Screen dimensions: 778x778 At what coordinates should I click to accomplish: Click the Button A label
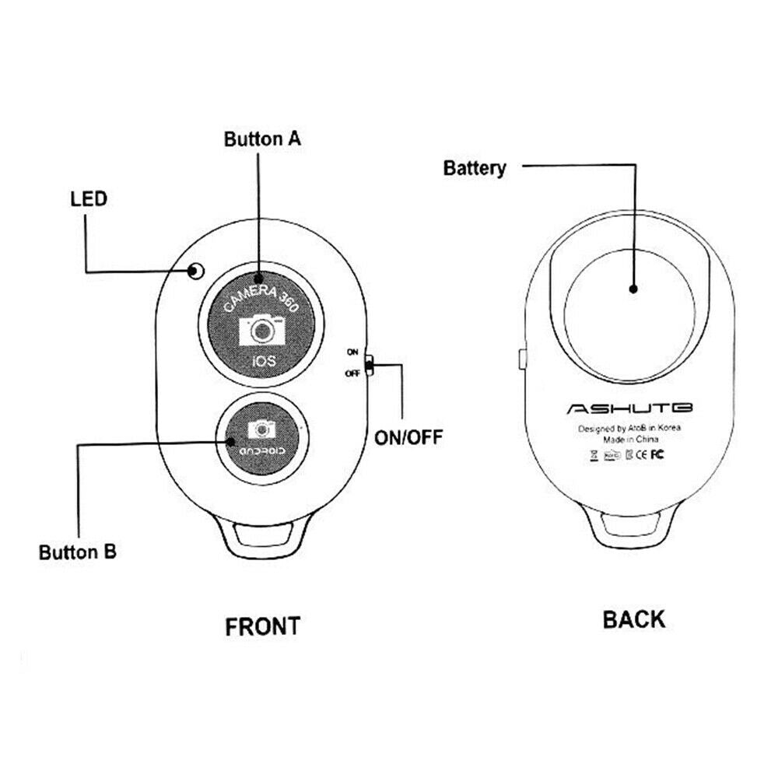click(x=262, y=140)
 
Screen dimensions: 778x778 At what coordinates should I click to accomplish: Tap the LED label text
click(x=88, y=198)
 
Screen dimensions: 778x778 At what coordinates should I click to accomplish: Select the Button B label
click(x=78, y=552)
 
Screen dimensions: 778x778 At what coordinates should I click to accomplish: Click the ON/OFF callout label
click(x=408, y=436)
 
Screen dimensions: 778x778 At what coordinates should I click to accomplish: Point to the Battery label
click(x=475, y=167)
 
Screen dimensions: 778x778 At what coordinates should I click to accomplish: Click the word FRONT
click(x=262, y=626)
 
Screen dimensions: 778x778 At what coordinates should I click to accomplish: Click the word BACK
click(x=634, y=619)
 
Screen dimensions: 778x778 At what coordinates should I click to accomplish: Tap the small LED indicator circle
click(x=195, y=271)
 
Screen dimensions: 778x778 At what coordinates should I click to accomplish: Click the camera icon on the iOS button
click(x=262, y=329)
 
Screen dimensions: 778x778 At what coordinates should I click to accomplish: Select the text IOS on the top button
click(x=262, y=362)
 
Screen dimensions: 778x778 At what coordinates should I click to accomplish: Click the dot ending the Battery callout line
click(x=633, y=289)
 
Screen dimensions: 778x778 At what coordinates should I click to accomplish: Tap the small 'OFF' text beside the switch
click(x=352, y=373)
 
